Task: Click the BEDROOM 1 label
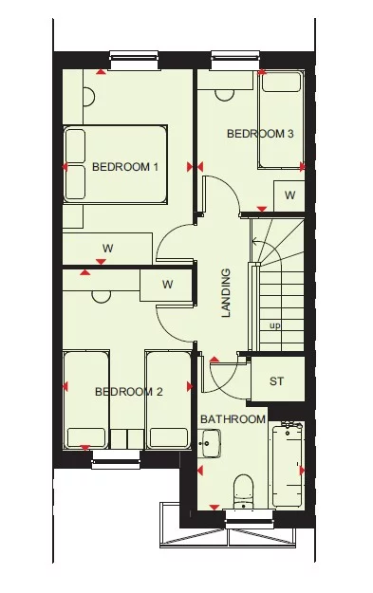coord(125,167)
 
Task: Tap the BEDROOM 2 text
coord(129,391)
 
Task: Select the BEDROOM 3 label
coord(260,134)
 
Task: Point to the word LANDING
coord(226,294)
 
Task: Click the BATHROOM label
coord(233,419)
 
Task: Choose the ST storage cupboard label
coord(277,382)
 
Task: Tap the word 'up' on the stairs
coord(275,325)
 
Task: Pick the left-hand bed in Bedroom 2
coord(86,399)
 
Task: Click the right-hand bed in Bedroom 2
coord(168,399)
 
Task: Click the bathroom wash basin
coord(212,442)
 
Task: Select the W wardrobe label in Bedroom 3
coord(289,195)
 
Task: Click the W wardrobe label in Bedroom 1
coord(108,249)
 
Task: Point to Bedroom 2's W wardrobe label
coord(167,284)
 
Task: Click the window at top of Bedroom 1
coord(137,60)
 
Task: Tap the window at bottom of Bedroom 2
coord(116,462)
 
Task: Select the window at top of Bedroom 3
coord(229,60)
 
